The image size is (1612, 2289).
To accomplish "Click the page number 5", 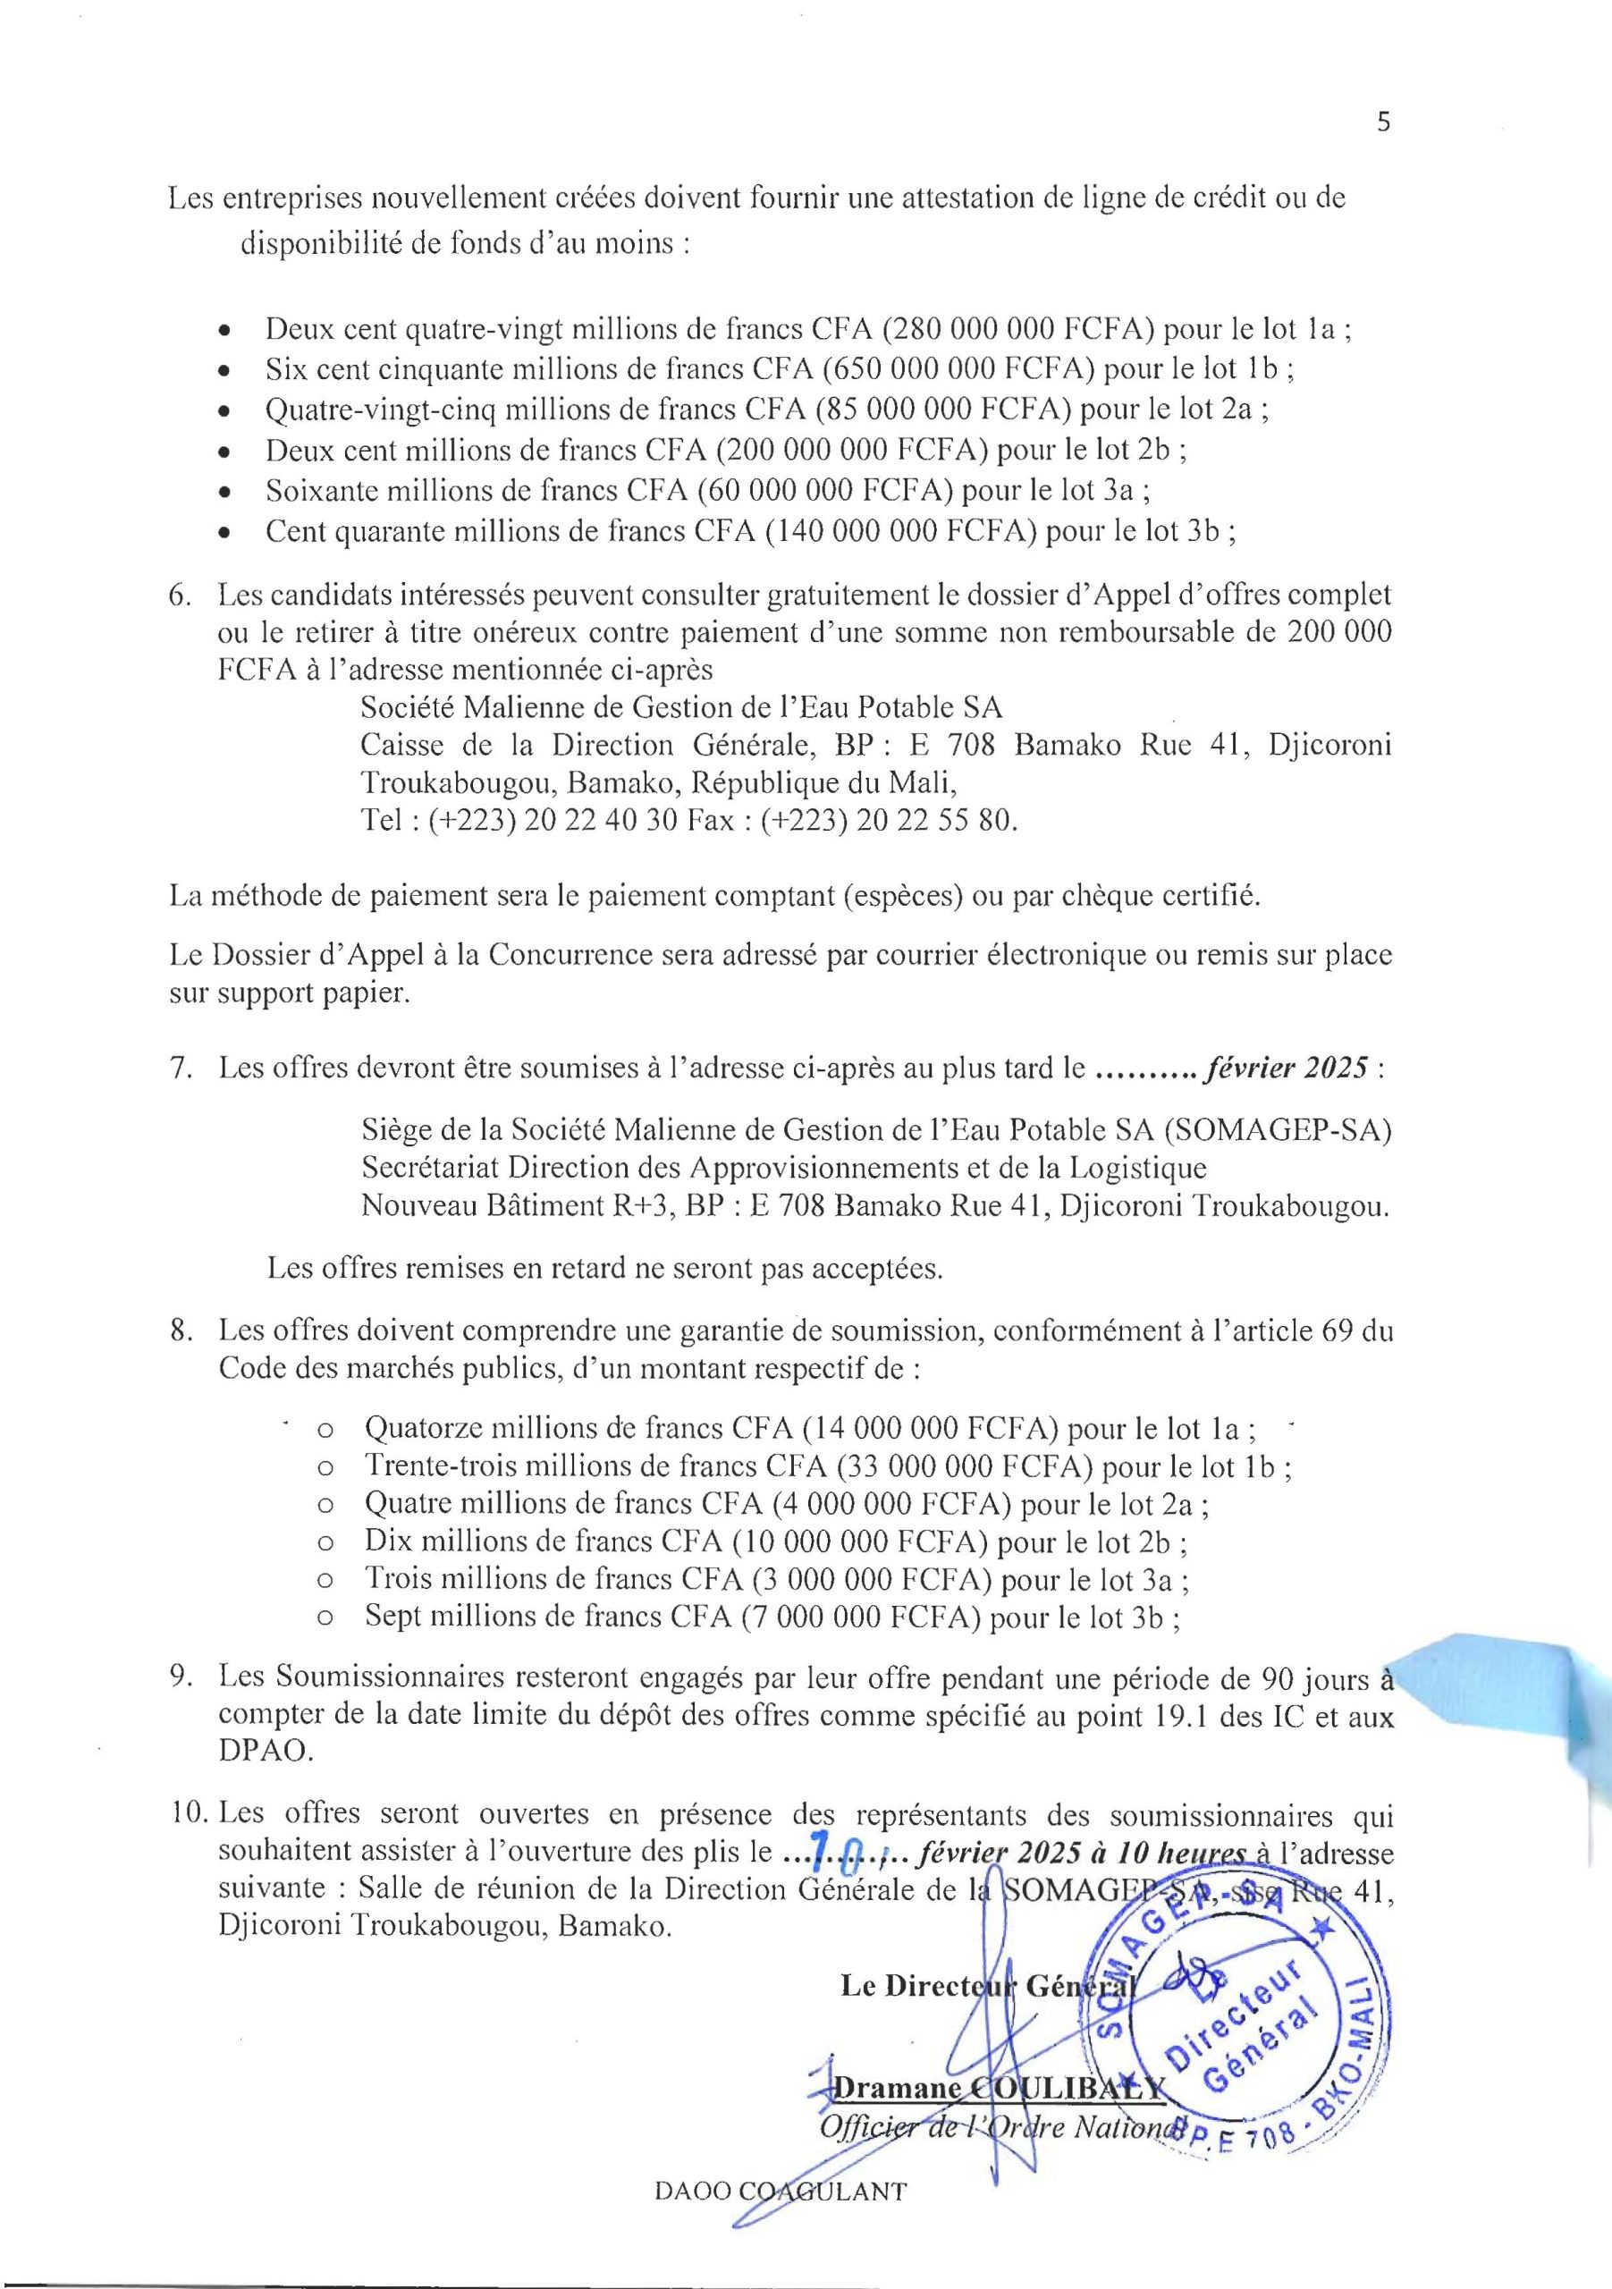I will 1383,122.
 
